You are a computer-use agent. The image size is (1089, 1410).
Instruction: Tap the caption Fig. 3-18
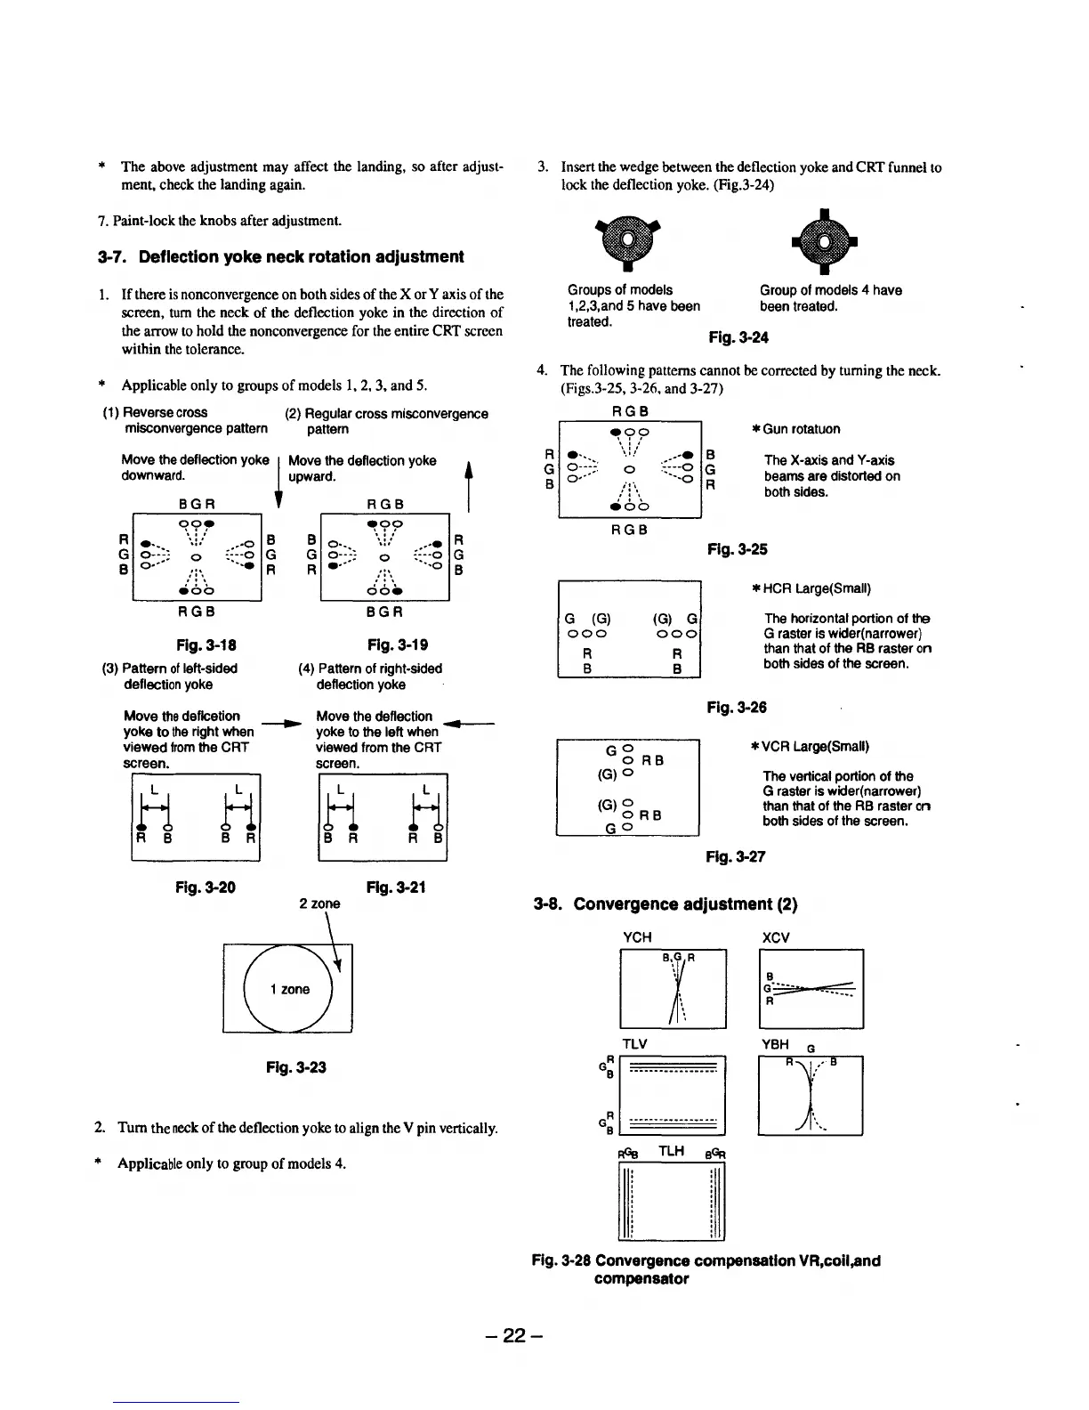click(x=206, y=644)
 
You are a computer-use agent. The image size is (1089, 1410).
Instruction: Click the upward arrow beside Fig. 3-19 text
click(x=468, y=481)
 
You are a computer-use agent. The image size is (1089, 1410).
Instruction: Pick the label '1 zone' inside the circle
click(x=289, y=989)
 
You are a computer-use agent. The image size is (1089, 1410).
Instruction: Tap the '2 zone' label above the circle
click(x=319, y=903)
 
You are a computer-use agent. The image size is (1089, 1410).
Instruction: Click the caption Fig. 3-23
click(x=296, y=1066)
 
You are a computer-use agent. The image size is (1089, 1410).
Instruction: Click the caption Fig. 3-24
click(x=738, y=337)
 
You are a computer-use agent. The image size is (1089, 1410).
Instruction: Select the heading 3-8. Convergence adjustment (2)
click(x=665, y=904)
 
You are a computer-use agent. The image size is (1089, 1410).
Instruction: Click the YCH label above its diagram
click(x=637, y=937)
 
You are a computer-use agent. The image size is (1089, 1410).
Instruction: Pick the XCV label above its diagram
click(x=776, y=937)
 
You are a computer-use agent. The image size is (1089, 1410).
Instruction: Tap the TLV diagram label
click(x=634, y=1043)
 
